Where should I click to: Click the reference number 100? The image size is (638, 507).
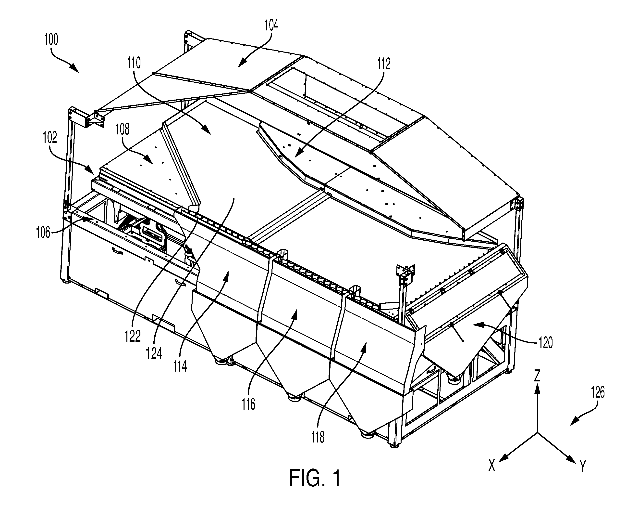pyautogui.click(x=51, y=40)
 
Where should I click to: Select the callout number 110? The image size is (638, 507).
pyautogui.click(x=134, y=63)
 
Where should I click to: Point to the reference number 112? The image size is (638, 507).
pyautogui.click(x=384, y=64)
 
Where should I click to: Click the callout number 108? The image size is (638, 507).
pyautogui.click(x=123, y=129)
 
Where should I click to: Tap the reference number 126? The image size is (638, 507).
pyautogui.click(x=598, y=393)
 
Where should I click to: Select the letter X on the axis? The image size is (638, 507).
pyautogui.click(x=492, y=466)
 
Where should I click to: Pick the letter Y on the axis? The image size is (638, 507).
pyautogui.click(x=583, y=466)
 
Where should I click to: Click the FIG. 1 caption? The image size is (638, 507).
pyautogui.click(x=315, y=478)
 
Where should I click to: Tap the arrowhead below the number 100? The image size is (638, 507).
pyautogui.click(x=74, y=68)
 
